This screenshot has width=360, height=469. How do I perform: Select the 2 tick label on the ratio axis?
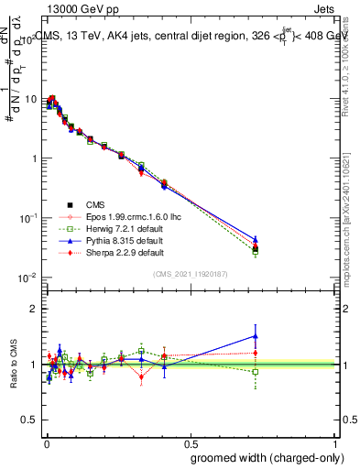[33, 309]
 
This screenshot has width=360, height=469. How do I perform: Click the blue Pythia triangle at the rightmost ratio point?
[256, 335]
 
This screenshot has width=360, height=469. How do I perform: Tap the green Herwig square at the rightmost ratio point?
[256, 372]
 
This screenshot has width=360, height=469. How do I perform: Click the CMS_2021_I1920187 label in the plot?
[191, 274]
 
